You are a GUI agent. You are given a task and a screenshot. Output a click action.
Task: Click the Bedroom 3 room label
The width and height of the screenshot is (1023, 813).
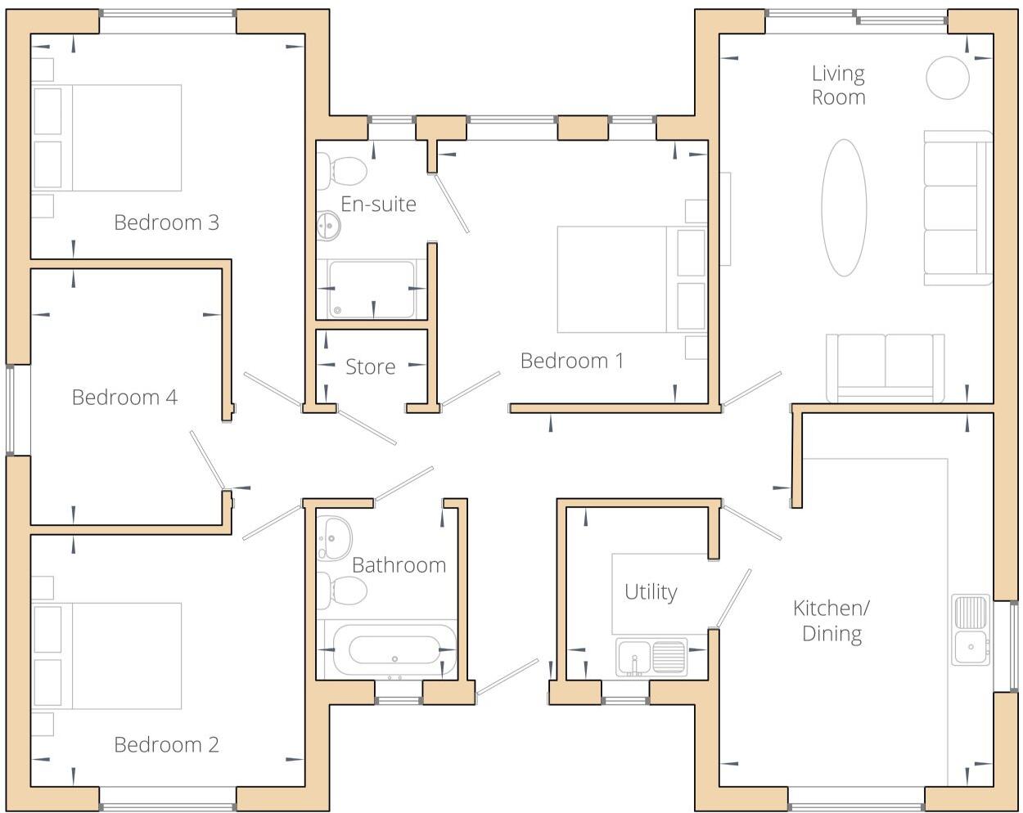[166, 222]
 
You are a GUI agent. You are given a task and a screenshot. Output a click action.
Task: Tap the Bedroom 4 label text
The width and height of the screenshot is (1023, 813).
[124, 398]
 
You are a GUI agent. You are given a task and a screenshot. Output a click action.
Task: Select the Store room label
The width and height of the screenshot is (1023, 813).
[370, 367]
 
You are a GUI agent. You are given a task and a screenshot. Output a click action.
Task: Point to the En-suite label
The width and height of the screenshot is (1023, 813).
[378, 204]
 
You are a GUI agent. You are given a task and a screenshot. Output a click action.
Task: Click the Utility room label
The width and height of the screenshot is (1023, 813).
[651, 592]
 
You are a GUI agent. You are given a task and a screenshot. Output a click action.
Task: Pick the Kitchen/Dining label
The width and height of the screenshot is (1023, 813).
[831, 621]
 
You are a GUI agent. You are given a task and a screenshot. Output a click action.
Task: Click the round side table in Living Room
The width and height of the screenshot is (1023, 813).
[948, 78]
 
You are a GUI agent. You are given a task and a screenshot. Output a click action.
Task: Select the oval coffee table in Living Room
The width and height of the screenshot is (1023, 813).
[844, 208]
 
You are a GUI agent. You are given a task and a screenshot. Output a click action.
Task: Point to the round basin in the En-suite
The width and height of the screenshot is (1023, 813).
[329, 226]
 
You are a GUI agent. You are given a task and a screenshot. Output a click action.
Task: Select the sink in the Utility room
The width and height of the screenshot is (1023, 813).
[651, 657]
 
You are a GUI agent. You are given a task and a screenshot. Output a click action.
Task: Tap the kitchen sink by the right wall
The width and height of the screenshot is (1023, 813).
[971, 629]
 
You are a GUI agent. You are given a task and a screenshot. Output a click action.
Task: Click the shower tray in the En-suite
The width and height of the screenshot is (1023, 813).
[372, 290]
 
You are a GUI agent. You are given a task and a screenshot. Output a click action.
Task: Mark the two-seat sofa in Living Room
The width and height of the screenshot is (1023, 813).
[885, 367]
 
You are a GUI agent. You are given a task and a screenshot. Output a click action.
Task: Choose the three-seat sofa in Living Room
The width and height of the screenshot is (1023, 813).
[957, 208]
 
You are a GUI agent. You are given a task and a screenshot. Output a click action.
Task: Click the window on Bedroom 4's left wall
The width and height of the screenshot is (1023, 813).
[11, 409]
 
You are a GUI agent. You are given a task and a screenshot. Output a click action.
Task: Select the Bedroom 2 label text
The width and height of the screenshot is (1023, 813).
[166, 745]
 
